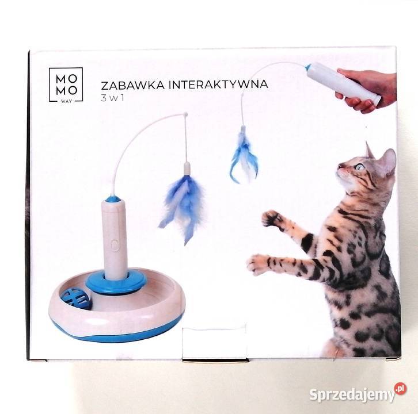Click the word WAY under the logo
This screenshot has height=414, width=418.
pos(67,104)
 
